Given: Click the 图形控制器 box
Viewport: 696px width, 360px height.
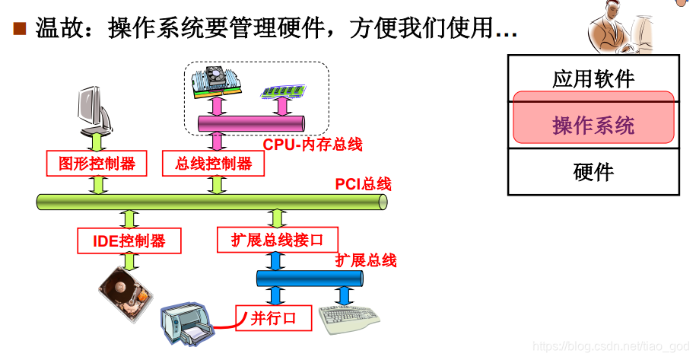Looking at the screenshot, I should tap(97, 163).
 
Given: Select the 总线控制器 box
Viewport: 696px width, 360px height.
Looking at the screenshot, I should tap(214, 163).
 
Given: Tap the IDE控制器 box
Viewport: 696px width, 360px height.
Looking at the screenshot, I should tap(129, 241).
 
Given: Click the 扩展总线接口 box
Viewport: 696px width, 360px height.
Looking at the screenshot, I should tap(276, 241).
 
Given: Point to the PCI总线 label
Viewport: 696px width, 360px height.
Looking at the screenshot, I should tap(363, 185).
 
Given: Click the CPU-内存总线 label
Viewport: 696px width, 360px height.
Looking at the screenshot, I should tap(313, 145).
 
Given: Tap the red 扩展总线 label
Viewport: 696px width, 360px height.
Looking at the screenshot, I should tap(366, 261).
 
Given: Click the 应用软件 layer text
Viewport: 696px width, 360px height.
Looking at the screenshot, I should tap(593, 78).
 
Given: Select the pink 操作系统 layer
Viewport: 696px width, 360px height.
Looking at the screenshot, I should tap(593, 125).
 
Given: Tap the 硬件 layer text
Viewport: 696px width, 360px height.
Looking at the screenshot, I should tap(593, 172).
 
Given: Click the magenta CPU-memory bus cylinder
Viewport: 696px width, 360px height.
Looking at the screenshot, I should tap(252, 123).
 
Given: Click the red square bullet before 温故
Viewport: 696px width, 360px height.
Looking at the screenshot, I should tap(20, 30).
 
